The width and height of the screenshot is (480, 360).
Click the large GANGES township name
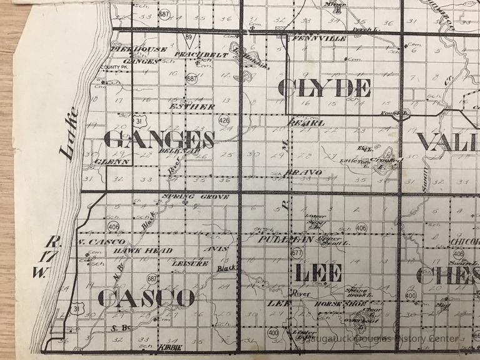[x=159, y=139]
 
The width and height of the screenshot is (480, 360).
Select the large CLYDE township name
[x=324, y=88]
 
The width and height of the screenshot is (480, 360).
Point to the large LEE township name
[x=318, y=272]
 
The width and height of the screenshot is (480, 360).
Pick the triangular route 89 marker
[x=188, y=39]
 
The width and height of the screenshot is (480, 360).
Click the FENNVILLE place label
[x=319, y=39]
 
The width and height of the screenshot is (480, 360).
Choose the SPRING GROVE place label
[x=195, y=196]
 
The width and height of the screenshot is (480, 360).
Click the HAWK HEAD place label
[x=134, y=250]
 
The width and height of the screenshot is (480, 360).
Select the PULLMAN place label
[x=278, y=239]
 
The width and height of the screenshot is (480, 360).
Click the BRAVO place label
[x=302, y=172]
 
